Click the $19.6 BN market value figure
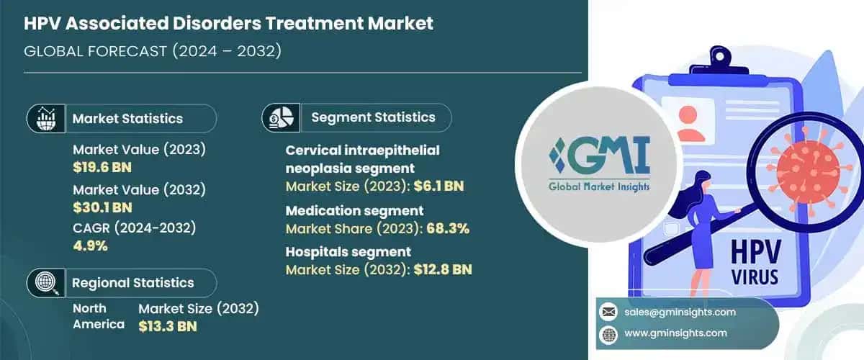click(102, 167)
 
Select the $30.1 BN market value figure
click(102, 208)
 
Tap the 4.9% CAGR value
click(90, 246)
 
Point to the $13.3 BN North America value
click(168, 325)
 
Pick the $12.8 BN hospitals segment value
click(446, 269)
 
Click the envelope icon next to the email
click(608, 312)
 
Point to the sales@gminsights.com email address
click(680, 312)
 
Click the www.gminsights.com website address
click(676, 333)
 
